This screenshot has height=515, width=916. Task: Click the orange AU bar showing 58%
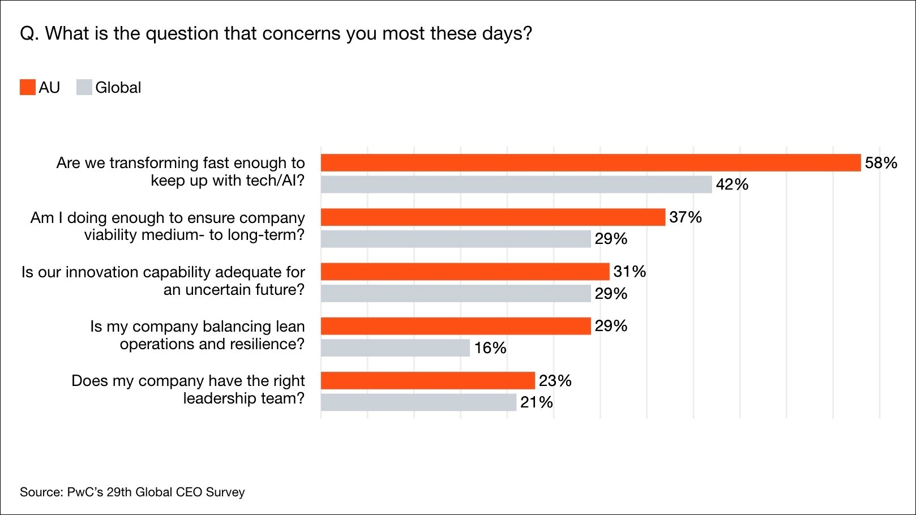(x=590, y=163)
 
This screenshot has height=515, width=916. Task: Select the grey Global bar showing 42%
(x=516, y=184)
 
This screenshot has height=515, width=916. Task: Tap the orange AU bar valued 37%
(x=493, y=217)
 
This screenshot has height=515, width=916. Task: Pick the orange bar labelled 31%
(x=465, y=272)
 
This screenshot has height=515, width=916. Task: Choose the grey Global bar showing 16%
(x=395, y=347)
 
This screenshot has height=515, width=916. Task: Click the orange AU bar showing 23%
(x=427, y=380)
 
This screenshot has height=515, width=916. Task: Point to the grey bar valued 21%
(x=418, y=402)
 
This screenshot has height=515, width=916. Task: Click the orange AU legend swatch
(x=27, y=88)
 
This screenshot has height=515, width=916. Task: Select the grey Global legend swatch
(x=84, y=88)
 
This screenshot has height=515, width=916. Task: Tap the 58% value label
(x=881, y=163)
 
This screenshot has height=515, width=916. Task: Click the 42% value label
(x=732, y=184)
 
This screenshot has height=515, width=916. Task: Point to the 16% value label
(x=490, y=347)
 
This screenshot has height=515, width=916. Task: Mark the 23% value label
(x=555, y=380)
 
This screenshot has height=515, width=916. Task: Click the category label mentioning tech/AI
(x=181, y=171)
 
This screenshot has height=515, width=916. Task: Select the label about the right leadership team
(x=188, y=389)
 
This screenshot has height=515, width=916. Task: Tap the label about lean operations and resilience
(x=198, y=335)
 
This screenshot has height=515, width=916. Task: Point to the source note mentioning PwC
(x=132, y=492)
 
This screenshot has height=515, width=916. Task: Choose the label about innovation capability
(x=163, y=281)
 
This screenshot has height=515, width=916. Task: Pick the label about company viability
(x=168, y=226)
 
